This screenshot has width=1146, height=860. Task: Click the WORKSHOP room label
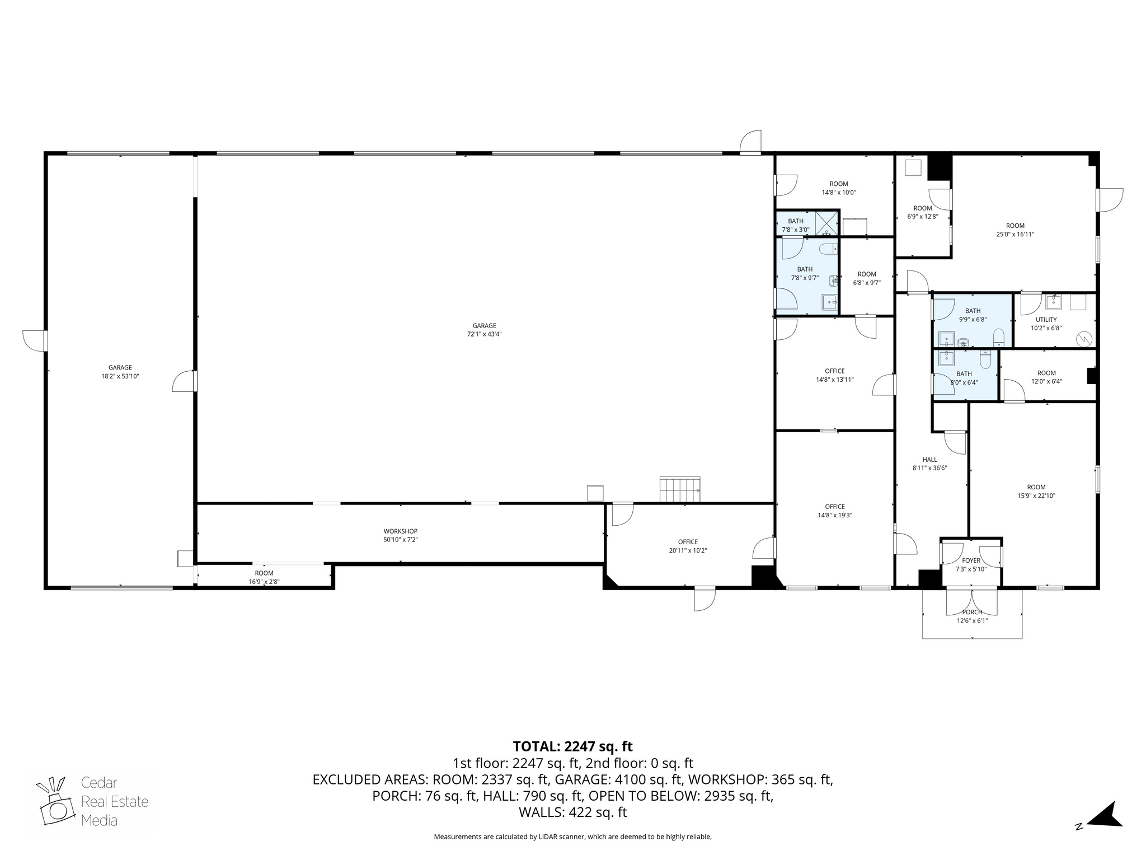[400, 531]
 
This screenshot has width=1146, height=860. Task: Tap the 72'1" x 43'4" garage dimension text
[484, 334]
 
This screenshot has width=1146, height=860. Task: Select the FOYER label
[971, 560]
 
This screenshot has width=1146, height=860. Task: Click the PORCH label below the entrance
[972, 612]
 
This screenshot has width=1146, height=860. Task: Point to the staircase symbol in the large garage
[680, 489]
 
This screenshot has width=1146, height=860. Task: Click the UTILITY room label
[1046, 320]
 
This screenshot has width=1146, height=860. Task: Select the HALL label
[929, 460]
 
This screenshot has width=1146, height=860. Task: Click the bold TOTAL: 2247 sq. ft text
[572, 746]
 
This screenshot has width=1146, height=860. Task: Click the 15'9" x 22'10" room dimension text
[1036, 496]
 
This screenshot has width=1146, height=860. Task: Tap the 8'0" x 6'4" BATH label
[964, 374]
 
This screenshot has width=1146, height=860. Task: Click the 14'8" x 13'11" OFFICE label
[835, 371]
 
